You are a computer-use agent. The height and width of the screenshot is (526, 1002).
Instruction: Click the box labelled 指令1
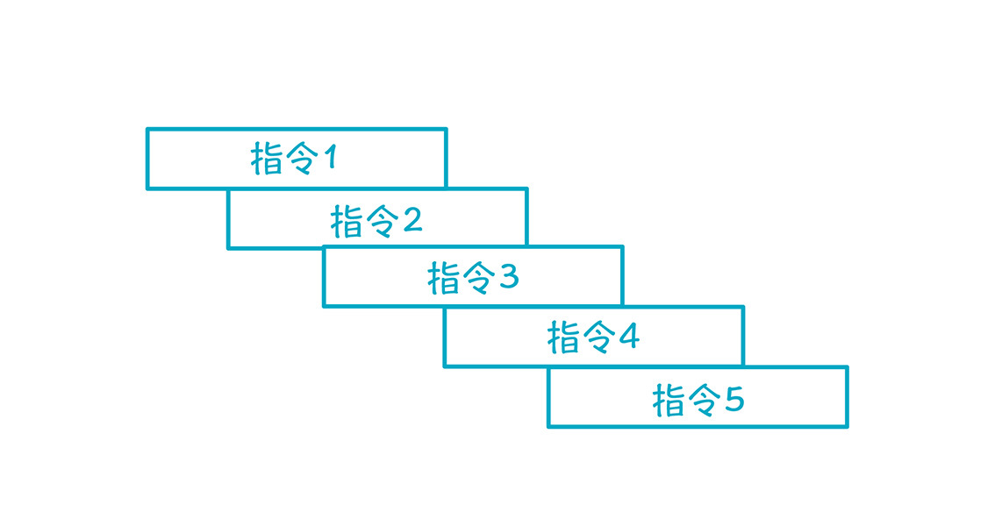click(297, 159)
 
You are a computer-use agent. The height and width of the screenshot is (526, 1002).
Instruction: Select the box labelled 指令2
click(377, 218)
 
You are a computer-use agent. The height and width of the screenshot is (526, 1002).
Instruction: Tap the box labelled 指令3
click(473, 276)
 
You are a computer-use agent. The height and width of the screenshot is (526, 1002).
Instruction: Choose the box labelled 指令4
click(594, 337)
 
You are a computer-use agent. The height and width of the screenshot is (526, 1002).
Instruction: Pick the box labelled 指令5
click(698, 396)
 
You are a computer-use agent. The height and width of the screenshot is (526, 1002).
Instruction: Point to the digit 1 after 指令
click(330, 157)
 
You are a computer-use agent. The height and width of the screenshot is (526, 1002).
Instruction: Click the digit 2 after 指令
click(412, 219)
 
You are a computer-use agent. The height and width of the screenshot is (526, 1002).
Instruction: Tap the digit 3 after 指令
click(509, 276)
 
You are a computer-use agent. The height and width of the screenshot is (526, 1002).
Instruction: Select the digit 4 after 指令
click(629, 337)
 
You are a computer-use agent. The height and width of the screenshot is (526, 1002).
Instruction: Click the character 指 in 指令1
click(266, 159)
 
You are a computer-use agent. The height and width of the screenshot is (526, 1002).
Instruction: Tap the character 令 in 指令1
click(301, 159)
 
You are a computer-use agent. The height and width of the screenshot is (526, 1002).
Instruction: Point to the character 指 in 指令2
click(347, 222)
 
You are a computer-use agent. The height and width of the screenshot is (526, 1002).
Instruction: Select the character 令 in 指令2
click(382, 222)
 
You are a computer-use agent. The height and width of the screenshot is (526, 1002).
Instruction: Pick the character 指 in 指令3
click(443, 278)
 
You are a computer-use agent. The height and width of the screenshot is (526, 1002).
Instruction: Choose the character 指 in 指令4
click(563, 338)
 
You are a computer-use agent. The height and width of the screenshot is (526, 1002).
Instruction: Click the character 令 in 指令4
click(598, 338)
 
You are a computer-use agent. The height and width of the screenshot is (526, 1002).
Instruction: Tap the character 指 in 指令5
click(669, 401)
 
